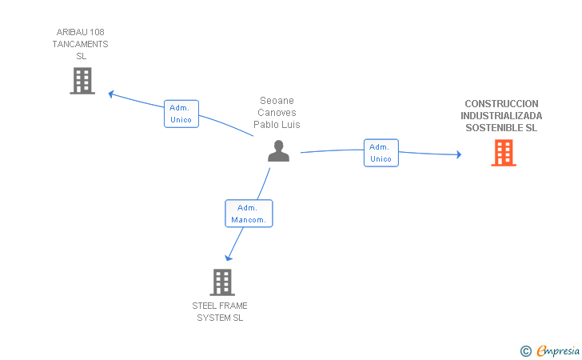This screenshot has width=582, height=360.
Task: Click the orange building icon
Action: pos(504,153)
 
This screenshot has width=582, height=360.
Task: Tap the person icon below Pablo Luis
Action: pos(278,151)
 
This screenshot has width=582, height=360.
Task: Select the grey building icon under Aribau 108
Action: pos(82,81)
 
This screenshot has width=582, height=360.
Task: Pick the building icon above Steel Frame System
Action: pos(222,282)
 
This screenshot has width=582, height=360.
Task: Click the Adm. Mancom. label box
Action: pos(249,214)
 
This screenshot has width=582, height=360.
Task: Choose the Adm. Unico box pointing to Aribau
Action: pos(181,114)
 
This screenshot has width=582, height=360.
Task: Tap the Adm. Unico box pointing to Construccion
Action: pos(381,153)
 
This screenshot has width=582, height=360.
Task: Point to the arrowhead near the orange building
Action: pos(459,154)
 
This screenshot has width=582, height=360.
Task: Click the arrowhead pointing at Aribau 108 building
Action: pos(110,94)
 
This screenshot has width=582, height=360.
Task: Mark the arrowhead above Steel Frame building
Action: pos(229,258)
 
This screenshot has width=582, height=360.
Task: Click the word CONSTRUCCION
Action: pos(501,104)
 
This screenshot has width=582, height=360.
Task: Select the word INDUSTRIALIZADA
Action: pos(501,116)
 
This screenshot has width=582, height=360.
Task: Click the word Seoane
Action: pos(277,101)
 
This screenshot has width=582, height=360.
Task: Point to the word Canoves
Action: pos(277,113)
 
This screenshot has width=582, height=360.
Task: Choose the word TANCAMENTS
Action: pos(80,44)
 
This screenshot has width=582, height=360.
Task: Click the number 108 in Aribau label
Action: pos(97,32)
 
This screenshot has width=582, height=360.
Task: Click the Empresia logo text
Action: pos(558,350)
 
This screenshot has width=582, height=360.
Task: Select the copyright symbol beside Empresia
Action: pos(525,351)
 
